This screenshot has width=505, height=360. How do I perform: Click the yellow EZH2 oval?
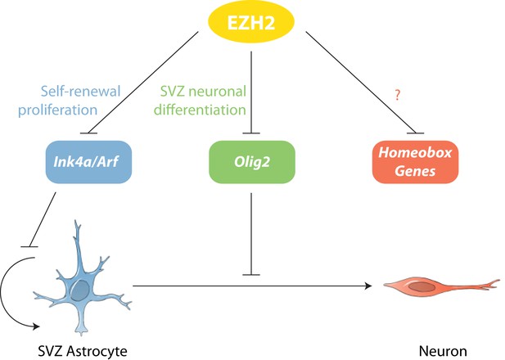point(251,22)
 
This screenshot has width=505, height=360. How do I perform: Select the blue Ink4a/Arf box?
point(88,162)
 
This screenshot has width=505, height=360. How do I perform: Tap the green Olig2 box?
point(252,162)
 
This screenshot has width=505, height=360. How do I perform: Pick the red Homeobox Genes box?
point(415,162)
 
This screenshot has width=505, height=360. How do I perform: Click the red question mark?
point(398,95)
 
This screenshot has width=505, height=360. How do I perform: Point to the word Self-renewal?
point(80,91)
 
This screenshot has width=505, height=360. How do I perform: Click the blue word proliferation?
point(57,110)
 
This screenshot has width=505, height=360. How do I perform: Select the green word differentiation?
point(200,110)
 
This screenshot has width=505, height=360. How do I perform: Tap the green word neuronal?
point(218,91)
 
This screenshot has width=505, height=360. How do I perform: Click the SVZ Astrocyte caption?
point(83,351)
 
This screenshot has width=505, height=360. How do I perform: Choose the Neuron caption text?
point(443,351)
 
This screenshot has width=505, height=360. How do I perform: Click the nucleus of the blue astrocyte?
point(80,290)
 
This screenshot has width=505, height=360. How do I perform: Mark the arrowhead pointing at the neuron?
point(368,286)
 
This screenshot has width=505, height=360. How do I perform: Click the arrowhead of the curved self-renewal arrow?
point(35,326)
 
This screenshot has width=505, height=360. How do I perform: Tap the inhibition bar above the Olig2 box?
point(251,133)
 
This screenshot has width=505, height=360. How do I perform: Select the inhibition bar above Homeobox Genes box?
point(416,133)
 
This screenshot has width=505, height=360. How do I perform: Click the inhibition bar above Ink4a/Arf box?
point(88,133)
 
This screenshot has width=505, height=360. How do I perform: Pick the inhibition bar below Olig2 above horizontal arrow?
point(251,275)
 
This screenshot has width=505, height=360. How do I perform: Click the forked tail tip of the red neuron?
point(498,283)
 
